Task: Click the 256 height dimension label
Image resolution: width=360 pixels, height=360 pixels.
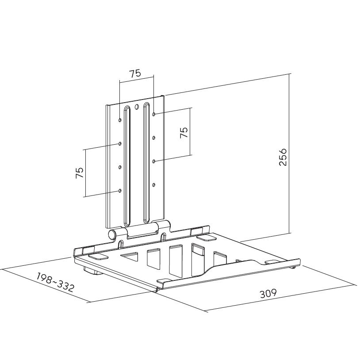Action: [283, 157]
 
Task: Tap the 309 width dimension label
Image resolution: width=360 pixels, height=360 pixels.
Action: [268, 293]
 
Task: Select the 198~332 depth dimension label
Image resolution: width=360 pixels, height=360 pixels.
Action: [55, 282]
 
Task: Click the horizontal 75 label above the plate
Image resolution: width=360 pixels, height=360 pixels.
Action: [135, 73]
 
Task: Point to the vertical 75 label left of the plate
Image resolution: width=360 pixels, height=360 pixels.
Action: [80, 172]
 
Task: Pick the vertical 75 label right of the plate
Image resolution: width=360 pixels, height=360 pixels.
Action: [184, 132]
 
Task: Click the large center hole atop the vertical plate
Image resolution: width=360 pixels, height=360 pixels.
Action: [137, 107]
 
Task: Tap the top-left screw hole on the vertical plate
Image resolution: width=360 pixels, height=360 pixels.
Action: [120, 120]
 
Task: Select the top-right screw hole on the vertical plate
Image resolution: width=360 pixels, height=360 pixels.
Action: [154, 114]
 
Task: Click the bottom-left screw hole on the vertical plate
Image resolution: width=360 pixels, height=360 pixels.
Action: [120, 191]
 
